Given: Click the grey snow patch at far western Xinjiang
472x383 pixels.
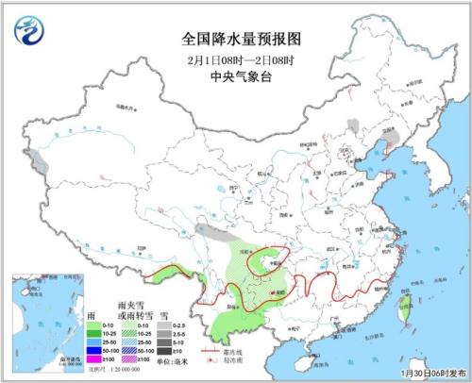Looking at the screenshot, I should point(37,158).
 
